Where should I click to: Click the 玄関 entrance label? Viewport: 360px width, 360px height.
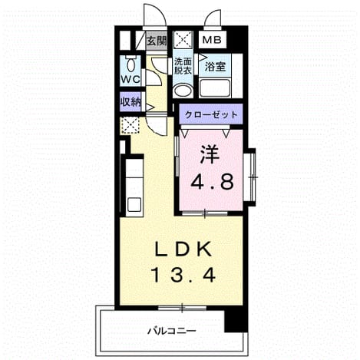(157, 41)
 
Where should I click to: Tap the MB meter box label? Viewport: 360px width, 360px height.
(212, 40)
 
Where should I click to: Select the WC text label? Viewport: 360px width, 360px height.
(130, 79)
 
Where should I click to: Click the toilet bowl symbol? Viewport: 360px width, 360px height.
(131, 65)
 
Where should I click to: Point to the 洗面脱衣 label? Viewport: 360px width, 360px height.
(183, 66)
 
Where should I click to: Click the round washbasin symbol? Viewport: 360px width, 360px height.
(182, 90)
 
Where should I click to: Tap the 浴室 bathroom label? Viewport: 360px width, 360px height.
(216, 67)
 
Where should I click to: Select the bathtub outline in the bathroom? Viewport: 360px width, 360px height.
(215, 88)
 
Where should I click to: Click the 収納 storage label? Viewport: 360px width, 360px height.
(130, 102)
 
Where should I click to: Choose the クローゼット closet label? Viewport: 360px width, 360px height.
(211, 114)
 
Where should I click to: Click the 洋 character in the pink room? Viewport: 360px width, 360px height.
(210, 155)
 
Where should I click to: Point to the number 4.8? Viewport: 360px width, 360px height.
(212, 181)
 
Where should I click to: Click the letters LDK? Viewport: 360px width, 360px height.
(183, 249)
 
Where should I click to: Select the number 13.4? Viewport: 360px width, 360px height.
(183, 275)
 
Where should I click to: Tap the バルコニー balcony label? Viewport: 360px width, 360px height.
(172, 331)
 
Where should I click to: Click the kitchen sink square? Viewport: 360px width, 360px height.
(134, 204)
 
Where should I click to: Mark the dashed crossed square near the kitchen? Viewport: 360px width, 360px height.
(130, 125)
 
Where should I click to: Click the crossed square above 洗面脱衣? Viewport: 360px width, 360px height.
(183, 39)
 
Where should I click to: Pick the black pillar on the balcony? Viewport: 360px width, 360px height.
(236, 321)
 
